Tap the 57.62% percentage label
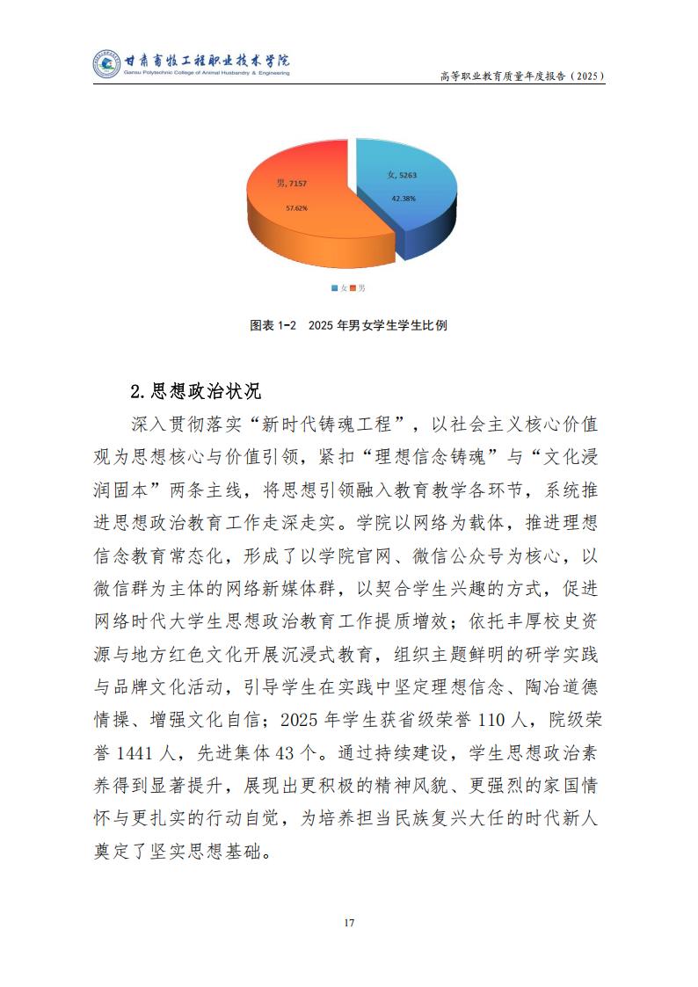tap(296, 208)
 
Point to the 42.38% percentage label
tap(404, 199)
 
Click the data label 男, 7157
tap(292, 184)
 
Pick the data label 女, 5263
tap(402, 176)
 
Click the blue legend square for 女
tap(335, 288)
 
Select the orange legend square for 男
tap(354, 288)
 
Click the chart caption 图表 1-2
tap(272, 325)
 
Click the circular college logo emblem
tap(106, 64)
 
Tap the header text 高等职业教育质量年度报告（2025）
tap(522, 76)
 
